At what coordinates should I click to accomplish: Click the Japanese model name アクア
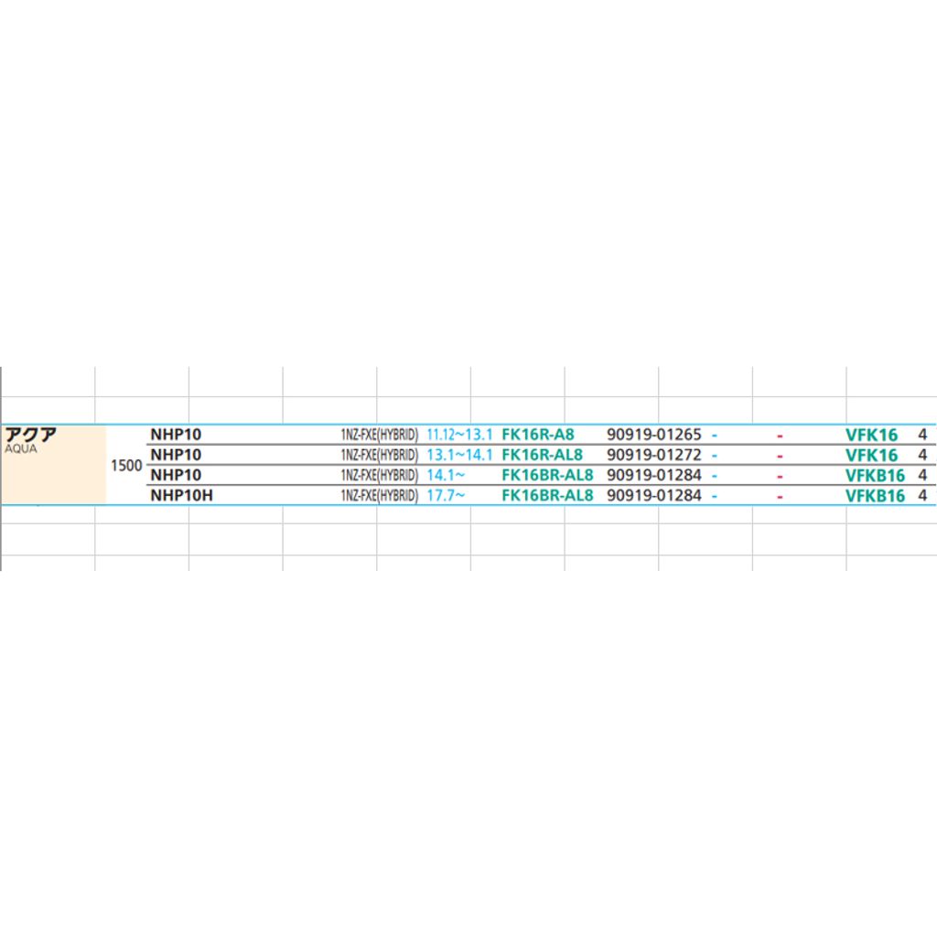click(30, 435)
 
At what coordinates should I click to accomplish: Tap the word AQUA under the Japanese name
click(21, 448)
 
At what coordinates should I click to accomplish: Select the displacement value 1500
click(126, 466)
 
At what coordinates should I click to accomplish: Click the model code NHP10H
click(182, 495)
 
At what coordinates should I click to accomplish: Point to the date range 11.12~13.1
click(459, 435)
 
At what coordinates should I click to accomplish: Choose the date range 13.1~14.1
click(459, 455)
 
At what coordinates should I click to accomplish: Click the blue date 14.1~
click(446, 475)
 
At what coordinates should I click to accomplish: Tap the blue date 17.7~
click(446, 495)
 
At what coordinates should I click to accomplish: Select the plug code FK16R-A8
click(538, 435)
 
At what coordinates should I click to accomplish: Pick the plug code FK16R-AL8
click(542, 455)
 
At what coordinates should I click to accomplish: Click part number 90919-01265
click(653, 435)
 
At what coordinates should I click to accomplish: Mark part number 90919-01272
click(653, 455)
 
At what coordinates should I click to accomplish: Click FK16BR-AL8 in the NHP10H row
click(547, 495)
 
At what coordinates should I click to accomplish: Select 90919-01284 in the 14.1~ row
click(653, 475)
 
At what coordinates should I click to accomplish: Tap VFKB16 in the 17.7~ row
click(875, 496)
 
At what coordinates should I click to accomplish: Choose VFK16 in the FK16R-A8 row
click(871, 435)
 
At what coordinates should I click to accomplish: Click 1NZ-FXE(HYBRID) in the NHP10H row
click(380, 495)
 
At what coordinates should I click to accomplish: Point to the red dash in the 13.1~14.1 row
click(780, 457)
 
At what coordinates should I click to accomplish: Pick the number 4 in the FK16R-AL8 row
click(922, 455)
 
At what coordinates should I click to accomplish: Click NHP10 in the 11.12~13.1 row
click(176, 435)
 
